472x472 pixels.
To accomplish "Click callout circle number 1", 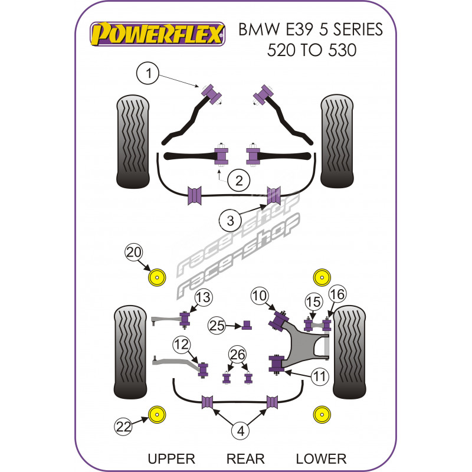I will pos(149,73).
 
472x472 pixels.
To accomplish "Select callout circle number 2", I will pos(238,181).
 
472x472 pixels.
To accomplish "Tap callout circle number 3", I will pos(230,221).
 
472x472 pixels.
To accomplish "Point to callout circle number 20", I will pos(133,253).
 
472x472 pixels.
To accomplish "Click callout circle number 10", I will pos(260,295).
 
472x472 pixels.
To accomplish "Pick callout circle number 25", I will pos(217,324).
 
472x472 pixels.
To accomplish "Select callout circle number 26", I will pos(237,355).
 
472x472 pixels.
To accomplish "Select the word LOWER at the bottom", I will pos(321,458).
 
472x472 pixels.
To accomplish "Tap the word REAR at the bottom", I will pos(245,458).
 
